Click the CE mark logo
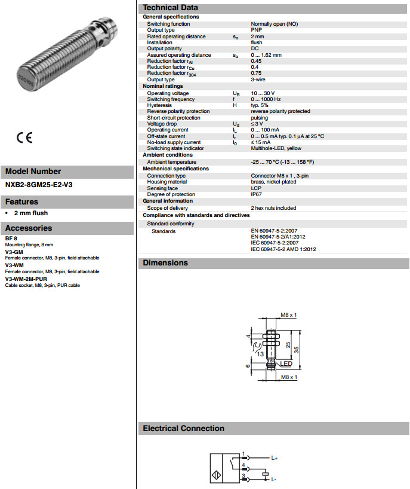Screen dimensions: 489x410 [x=24, y=137]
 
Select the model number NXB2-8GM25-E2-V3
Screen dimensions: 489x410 [x=39, y=185]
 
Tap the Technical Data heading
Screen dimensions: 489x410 [x=170, y=7]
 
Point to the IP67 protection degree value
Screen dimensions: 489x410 [x=256, y=194]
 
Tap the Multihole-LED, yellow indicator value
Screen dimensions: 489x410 [x=276, y=148]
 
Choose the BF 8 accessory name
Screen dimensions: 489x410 [x=11, y=239]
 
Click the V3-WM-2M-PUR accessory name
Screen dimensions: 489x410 [x=26, y=279]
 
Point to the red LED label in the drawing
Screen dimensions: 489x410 [x=286, y=364]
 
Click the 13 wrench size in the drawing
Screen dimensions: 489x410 [x=260, y=354]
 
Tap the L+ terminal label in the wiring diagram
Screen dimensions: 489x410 [x=275, y=458]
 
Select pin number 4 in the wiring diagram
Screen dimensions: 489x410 [x=243, y=464]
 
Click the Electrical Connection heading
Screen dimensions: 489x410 [x=183, y=429]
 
